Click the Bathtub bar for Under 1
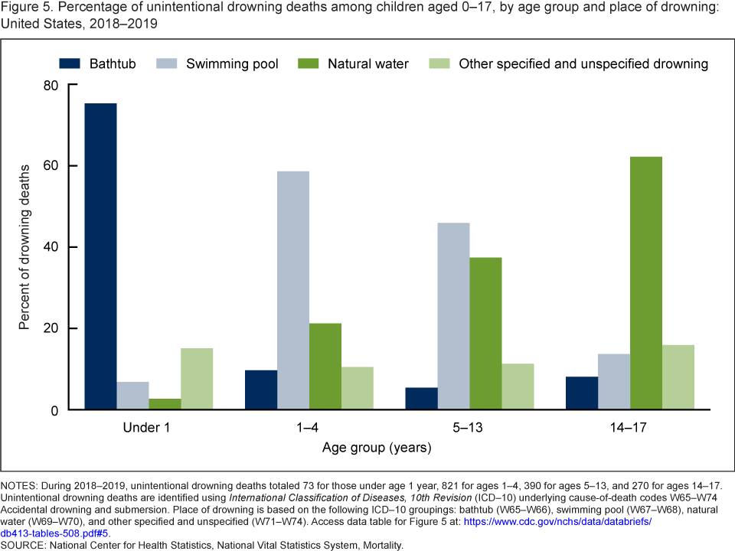click(100, 256)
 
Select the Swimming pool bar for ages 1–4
click(293, 291)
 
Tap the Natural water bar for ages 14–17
click(646, 283)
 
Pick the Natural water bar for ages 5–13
click(485, 334)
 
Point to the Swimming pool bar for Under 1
click(132, 396)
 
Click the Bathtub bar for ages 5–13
click(421, 399)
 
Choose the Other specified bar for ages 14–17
click(678, 377)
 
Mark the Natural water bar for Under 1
click(165, 404)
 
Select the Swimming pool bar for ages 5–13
click(453, 316)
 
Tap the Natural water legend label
click(368, 64)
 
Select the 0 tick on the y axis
click(52, 410)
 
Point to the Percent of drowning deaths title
click(24, 247)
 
